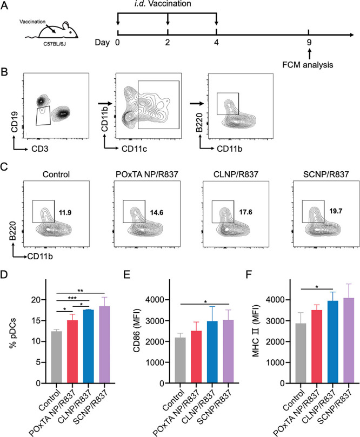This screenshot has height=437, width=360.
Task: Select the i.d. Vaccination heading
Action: pyautogui.click(x=168, y=6)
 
